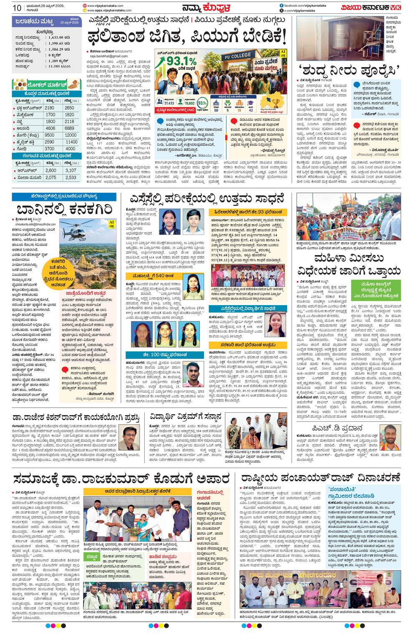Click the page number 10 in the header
(x=17, y=8)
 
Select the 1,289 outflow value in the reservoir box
(x=56, y=61)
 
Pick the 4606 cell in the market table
(x=50, y=128)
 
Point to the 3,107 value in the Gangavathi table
(x=71, y=170)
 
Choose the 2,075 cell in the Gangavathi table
(x=50, y=178)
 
